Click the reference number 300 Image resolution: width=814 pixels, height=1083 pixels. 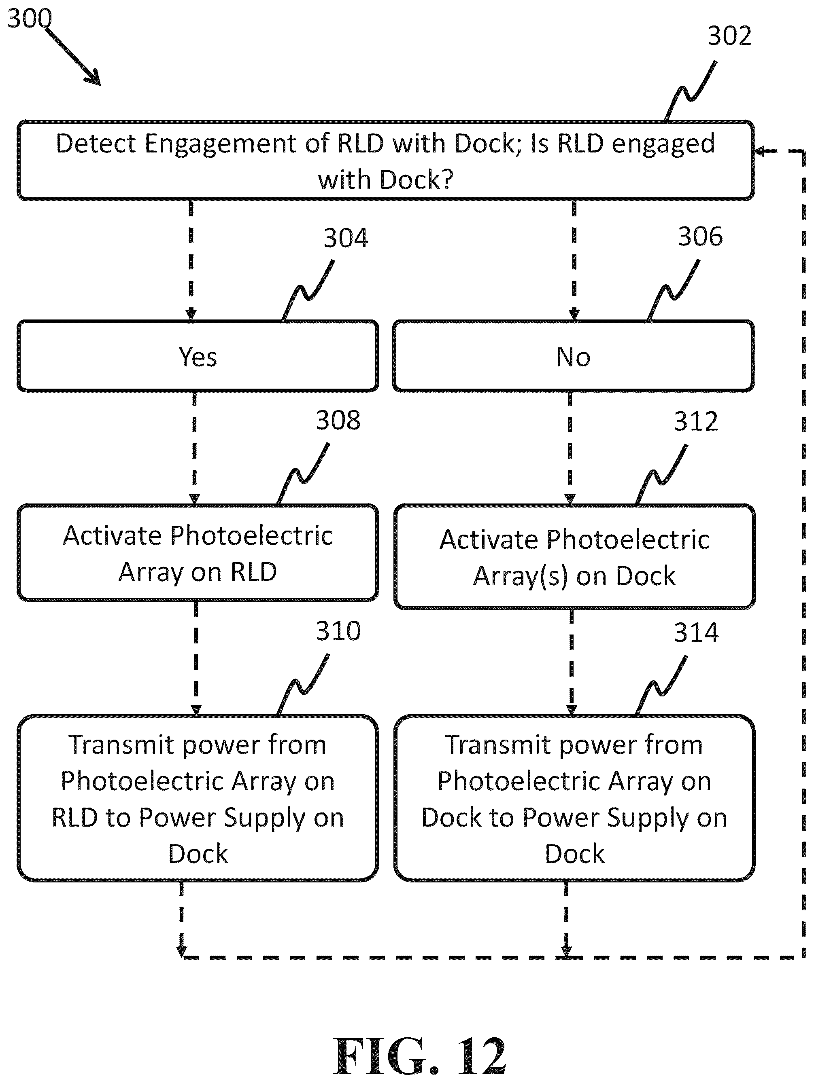30,19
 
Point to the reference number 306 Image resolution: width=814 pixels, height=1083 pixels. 700,237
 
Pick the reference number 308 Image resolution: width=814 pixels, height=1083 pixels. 338,421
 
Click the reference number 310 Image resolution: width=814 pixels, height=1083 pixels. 338,631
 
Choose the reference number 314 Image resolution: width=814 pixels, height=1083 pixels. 696,632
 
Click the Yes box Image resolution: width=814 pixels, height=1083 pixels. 198,356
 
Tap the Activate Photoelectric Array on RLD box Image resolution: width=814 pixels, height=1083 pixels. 198,553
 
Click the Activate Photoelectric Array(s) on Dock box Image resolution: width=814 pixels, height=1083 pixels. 574,557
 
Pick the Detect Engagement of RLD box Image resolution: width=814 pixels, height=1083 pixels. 386,161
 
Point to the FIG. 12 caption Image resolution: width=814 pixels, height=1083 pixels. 419,1057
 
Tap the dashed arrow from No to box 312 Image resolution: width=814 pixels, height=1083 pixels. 570,448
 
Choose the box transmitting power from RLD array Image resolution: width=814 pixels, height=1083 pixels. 198,799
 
